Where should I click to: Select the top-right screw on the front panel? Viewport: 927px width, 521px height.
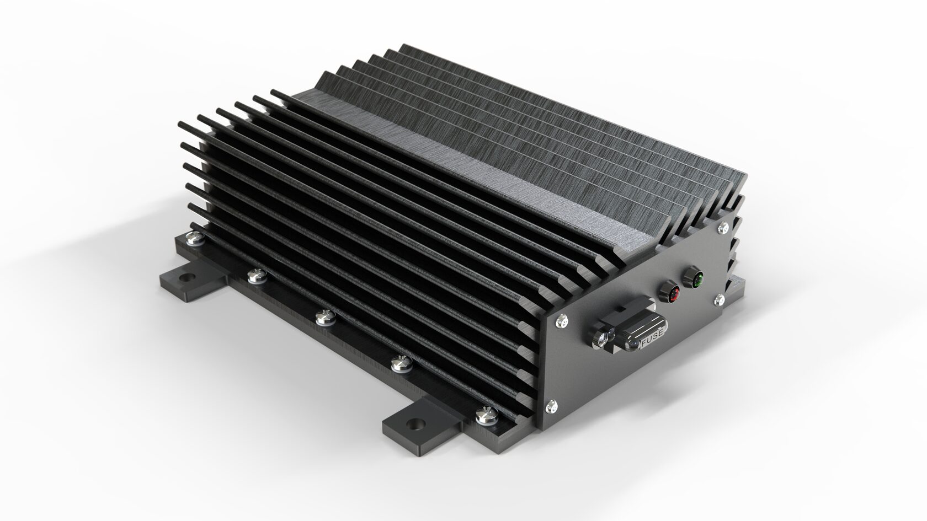point(723,226)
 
